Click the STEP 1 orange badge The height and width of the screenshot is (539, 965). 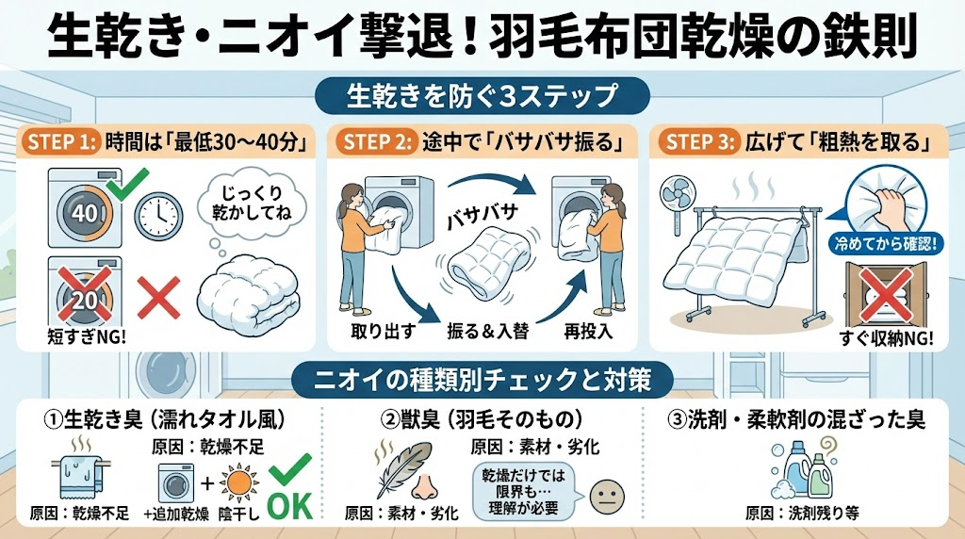61,142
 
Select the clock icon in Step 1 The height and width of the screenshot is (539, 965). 158,216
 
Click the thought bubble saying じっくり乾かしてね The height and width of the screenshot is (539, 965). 251,203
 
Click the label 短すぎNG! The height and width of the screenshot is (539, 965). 86,336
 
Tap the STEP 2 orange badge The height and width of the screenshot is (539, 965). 377,142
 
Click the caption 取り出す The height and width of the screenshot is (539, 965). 384,332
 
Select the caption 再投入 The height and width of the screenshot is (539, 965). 588,332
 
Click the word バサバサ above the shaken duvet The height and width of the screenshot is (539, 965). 482,216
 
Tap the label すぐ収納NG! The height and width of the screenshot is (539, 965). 886,337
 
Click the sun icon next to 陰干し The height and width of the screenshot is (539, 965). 238,483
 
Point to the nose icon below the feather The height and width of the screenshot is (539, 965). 425,486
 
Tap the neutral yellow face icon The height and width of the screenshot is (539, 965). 607,497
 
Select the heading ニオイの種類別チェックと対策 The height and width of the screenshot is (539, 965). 482,380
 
